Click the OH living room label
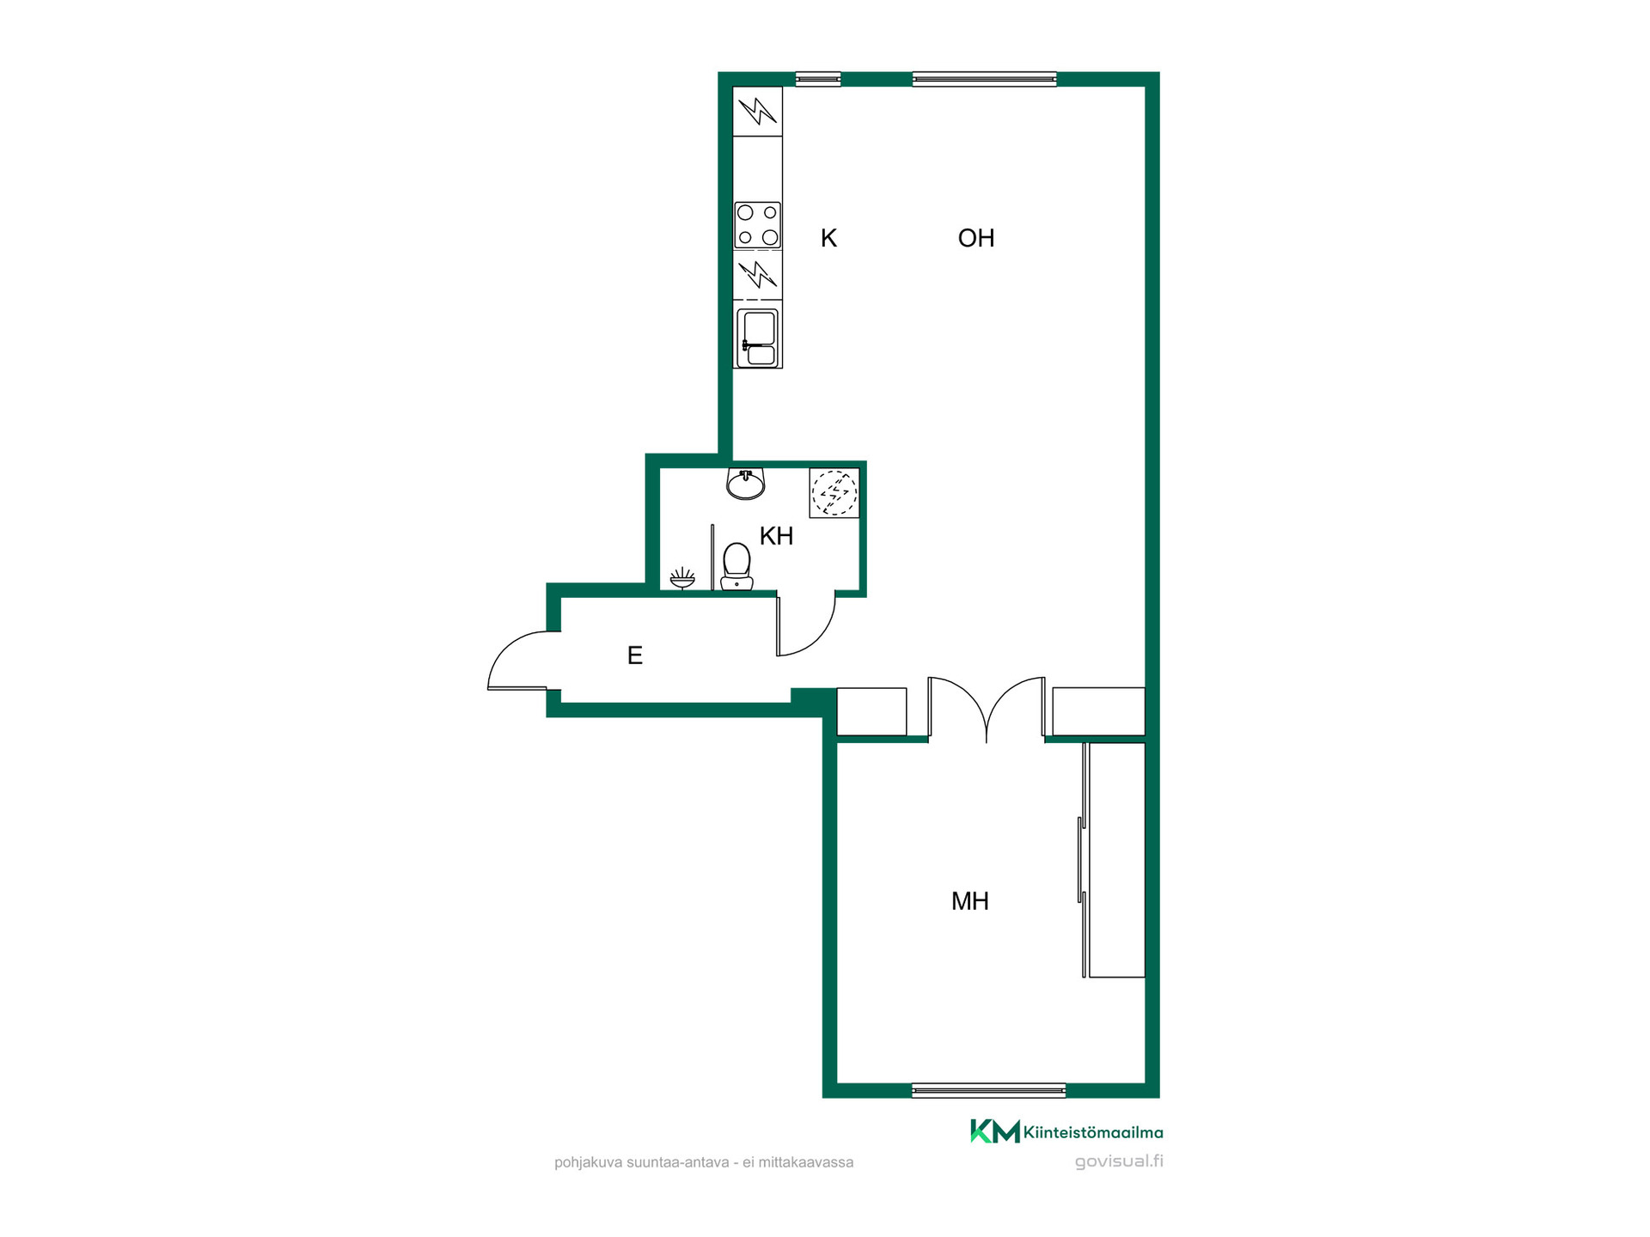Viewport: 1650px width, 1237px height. (976, 238)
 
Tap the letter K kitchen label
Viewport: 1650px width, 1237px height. (828, 238)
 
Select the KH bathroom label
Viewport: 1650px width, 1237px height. (776, 536)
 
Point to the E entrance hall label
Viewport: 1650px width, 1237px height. (635, 655)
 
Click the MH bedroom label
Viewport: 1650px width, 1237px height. (970, 901)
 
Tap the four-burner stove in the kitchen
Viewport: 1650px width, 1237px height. (758, 225)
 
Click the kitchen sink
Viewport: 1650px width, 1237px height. (758, 338)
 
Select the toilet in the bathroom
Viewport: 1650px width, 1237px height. (736, 566)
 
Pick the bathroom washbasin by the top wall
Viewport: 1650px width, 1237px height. (746, 484)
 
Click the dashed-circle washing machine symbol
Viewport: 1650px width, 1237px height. (834, 493)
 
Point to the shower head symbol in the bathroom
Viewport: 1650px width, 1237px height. (682, 578)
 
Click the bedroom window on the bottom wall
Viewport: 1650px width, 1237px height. (988, 1091)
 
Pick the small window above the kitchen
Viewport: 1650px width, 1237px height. (818, 79)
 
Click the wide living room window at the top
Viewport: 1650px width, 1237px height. (984, 79)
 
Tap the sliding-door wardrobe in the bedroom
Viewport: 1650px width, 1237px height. (1113, 860)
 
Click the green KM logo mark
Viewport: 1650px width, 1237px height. (995, 1131)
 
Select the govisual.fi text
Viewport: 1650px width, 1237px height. (1119, 1161)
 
